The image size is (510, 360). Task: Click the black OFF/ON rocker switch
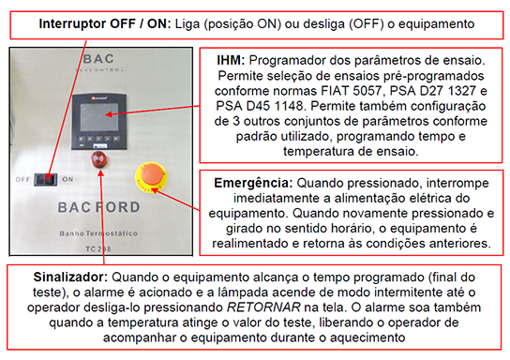(46, 179)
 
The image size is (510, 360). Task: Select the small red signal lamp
(98, 159)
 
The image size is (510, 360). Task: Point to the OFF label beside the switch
(22, 179)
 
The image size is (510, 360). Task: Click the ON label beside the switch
(67, 179)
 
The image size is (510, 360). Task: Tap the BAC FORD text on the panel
(98, 207)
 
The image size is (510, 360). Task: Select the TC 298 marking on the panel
(98, 249)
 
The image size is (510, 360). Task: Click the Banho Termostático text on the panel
(98, 233)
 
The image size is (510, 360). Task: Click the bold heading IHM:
(231, 60)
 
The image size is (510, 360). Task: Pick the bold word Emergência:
(253, 183)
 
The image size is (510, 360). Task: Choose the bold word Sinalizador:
(70, 277)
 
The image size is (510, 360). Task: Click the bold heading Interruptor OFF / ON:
(105, 23)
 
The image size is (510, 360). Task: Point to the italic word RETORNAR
(263, 307)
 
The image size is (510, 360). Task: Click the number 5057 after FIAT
(367, 90)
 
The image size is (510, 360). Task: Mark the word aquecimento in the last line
(367, 337)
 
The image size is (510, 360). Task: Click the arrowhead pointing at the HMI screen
(109, 114)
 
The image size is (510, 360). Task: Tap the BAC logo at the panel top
(98, 59)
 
